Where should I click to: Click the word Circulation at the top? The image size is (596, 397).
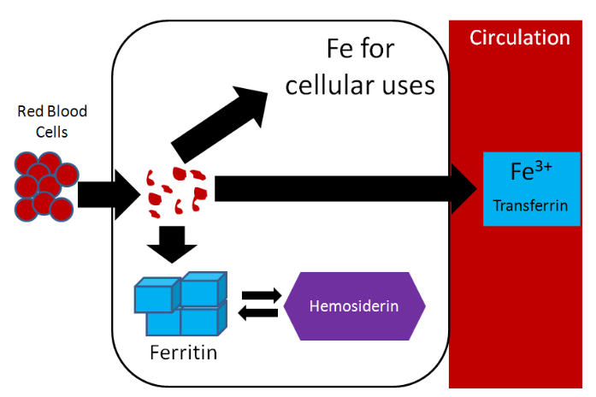pyautogui.click(x=519, y=39)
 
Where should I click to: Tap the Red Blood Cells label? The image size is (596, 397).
pyautogui.click(x=52, y=121)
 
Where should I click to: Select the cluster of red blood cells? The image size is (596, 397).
pyautogui.click(x=42, y=186)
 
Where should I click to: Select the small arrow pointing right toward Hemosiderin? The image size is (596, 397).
pyautogui.click(x=261, y=295)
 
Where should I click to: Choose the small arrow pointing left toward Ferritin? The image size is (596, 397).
pyautogui.click(x=260, y=314)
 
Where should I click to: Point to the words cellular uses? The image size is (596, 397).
pyautogui.click(x=360, y=85)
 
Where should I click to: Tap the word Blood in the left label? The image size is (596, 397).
pyautogui.click(x=68, y=112)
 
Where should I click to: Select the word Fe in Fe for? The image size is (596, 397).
pyautogui.click(x=344, y=48)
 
